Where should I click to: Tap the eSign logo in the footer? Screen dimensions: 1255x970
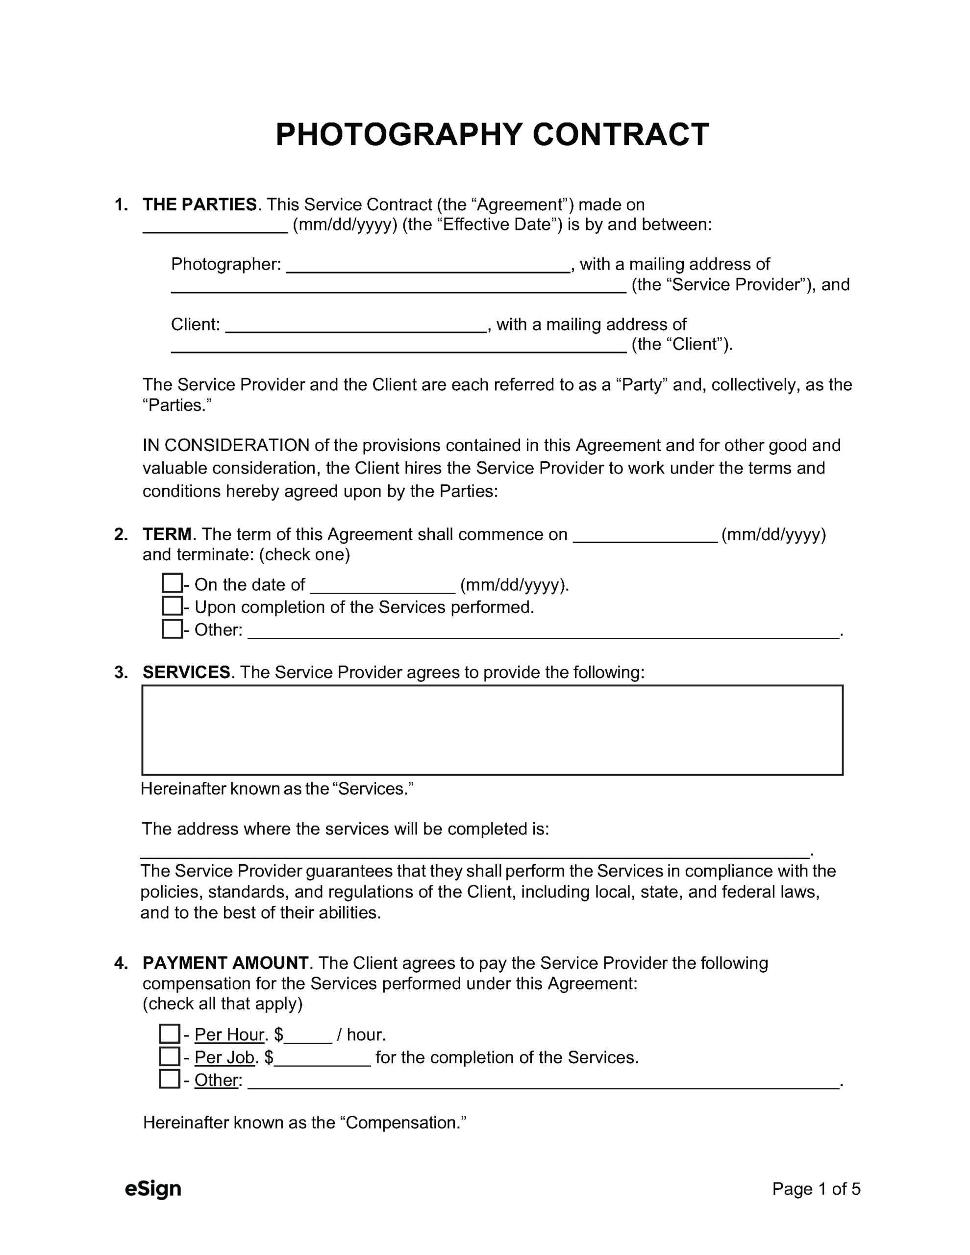153,1188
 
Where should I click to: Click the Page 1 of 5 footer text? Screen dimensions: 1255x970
816,1188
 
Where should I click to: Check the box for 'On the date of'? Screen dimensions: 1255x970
172,583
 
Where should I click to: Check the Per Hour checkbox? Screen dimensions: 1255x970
170,1034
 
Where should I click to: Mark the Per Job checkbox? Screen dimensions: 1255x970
170,1056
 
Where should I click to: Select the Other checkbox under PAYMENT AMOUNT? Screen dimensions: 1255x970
170,1079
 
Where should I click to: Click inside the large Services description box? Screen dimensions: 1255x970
492,730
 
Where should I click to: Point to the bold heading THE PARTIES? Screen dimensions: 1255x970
199,204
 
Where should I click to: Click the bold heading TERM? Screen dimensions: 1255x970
167,534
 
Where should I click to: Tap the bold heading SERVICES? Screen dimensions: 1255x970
186,672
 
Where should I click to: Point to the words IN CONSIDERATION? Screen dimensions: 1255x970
226,445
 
